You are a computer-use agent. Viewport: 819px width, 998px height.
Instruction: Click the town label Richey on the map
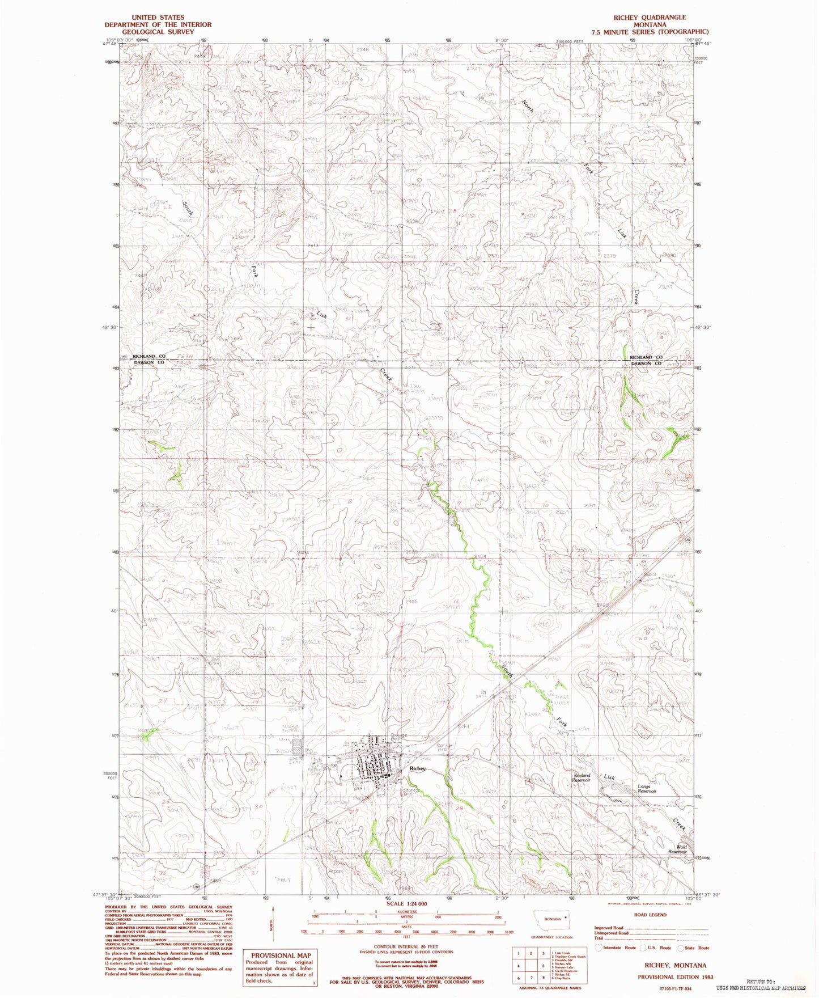click(x=417, y=768)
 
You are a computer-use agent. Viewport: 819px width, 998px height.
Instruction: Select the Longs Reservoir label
click(x=647, y=789)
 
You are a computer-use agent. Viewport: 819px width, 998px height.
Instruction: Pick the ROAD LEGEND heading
click(x=651, y=915)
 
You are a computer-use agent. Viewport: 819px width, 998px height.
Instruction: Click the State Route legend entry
click(x=695, y=948)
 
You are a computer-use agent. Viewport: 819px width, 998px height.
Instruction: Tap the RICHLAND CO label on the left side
click(x=148, y=356)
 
